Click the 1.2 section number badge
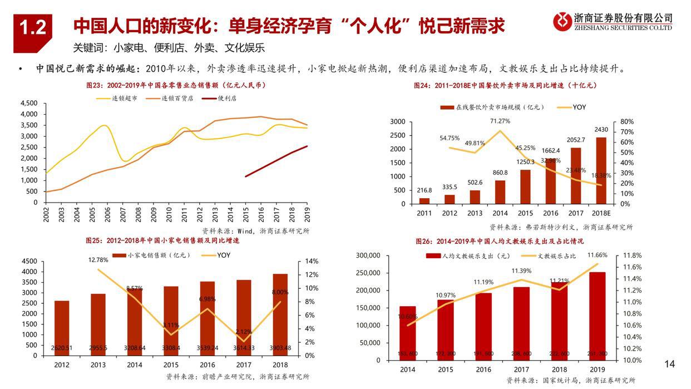click(x=33, y=26)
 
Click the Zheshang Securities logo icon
click(x=562, y=22)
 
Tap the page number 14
click(x=669, y=364)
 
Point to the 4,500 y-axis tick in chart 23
click(x=28, y=104)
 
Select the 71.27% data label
click(x=500, y=121)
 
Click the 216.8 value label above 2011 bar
click(x=425, y=190)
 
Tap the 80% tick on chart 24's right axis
click(x=627, y=121)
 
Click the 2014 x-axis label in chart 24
click(x=500, y=214)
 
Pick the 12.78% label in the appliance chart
click(x=98, y=259)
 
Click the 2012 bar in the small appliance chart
click(x=62, y=328)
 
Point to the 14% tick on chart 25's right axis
click(x=311, y=262)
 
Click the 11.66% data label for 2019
click(x=598, y=255)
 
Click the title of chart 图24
click(x=505, y=86)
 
